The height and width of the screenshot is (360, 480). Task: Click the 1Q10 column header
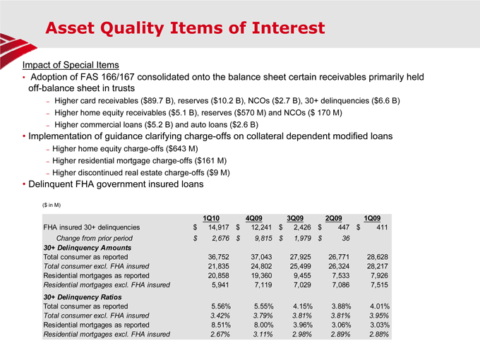pos(211,217)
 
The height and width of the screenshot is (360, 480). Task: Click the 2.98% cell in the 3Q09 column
pos(299,334)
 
